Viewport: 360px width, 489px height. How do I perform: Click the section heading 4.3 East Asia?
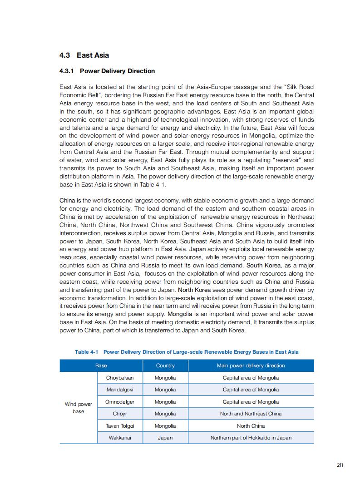(x=84, y=55)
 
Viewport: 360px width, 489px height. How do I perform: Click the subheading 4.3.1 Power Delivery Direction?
(x=107, y=71)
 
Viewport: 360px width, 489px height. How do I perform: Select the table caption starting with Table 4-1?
(x=187, y=352)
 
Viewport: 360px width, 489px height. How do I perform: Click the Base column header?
(x=101, y=366)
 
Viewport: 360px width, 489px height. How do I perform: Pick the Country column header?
(x=165, y=366)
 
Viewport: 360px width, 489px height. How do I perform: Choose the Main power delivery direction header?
(x=251, y=366)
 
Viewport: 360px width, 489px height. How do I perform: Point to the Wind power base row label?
(x=79, y=408)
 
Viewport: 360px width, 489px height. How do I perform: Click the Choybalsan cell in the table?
(x=120, y=378)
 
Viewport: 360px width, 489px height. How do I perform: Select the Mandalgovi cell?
(x=120, y=390)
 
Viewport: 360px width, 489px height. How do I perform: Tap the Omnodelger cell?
(x=120, y=402)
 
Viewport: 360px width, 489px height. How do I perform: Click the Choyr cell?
(x=120, y=414)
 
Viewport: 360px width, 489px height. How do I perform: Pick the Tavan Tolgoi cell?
(x=120, y=426)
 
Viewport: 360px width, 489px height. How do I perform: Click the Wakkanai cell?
(x=120, y=438)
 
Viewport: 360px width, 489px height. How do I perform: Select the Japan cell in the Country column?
(x=165, y=438)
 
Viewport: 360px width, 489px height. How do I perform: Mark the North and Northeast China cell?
(x=251, y=414)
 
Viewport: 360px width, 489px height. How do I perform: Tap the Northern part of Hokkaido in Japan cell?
(x=251, y=438)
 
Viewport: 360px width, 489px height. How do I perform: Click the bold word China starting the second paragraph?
(x=67, y=201)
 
